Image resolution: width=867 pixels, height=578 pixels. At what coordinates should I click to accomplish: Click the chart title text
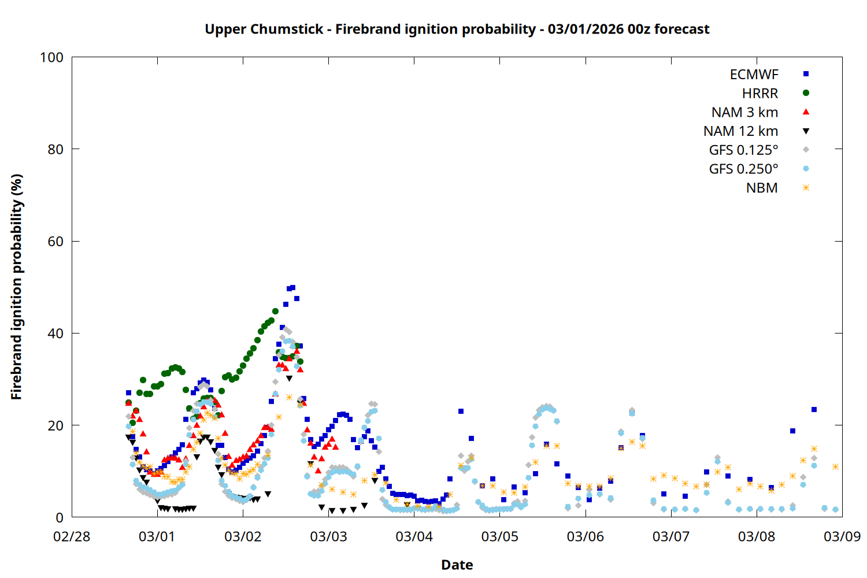pos(457,29)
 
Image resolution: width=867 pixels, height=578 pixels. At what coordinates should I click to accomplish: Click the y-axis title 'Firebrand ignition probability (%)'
pos(17,287)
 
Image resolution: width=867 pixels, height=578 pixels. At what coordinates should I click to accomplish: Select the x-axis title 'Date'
pos(457,565)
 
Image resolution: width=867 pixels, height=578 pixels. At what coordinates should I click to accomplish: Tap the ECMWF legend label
pos(754,75)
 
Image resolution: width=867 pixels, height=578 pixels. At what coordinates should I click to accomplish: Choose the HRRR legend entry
pos(760,94)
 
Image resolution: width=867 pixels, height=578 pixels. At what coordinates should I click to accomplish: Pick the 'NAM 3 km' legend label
pos(744,112)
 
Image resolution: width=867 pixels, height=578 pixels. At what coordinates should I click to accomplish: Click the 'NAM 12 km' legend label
pos(740,131)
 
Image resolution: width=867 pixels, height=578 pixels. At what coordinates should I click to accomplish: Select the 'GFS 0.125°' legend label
pos(743,150)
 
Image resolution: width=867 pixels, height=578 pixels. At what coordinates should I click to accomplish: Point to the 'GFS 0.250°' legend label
pos(743,169)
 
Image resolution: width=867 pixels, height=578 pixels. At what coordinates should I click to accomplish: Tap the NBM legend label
pos(762,188)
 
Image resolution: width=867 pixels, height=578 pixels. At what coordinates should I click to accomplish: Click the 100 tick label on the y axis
pos(51,57)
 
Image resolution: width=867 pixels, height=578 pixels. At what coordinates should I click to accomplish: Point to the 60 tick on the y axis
pos(55,242)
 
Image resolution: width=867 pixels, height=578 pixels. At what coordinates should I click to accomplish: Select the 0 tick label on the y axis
pos(60,518)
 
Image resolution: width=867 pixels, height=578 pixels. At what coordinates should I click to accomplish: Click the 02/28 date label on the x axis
pos(72,536)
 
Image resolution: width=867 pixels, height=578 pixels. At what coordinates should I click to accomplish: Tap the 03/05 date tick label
pos(500,536)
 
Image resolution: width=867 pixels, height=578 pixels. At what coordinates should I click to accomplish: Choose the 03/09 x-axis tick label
pos(842,536)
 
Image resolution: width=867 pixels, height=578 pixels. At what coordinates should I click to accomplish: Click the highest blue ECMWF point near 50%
pos(292,287)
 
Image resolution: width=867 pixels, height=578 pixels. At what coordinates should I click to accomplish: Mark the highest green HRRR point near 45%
pos(275,311)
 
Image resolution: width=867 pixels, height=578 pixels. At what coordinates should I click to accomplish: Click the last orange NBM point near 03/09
pos(835,466)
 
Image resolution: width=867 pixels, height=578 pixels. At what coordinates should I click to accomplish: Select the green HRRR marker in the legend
pos(806,93)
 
